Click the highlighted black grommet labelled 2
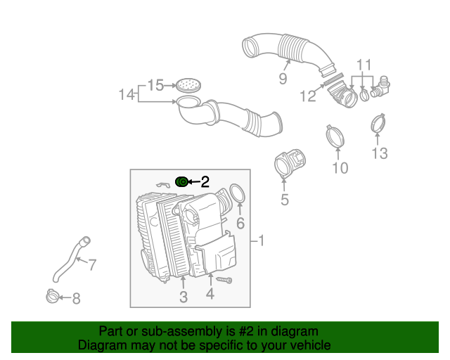tap(181, 181)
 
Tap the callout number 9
tap(283, 79)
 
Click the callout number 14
tap(127, 94)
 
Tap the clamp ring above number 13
tap(379, 124)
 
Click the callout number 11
tap(363, 65)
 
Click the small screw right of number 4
tap(225, 281)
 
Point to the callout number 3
tap(183, 297)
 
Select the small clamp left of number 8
tap(51, 297)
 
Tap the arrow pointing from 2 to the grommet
tap(193, 181)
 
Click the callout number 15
tap(155, 85)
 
